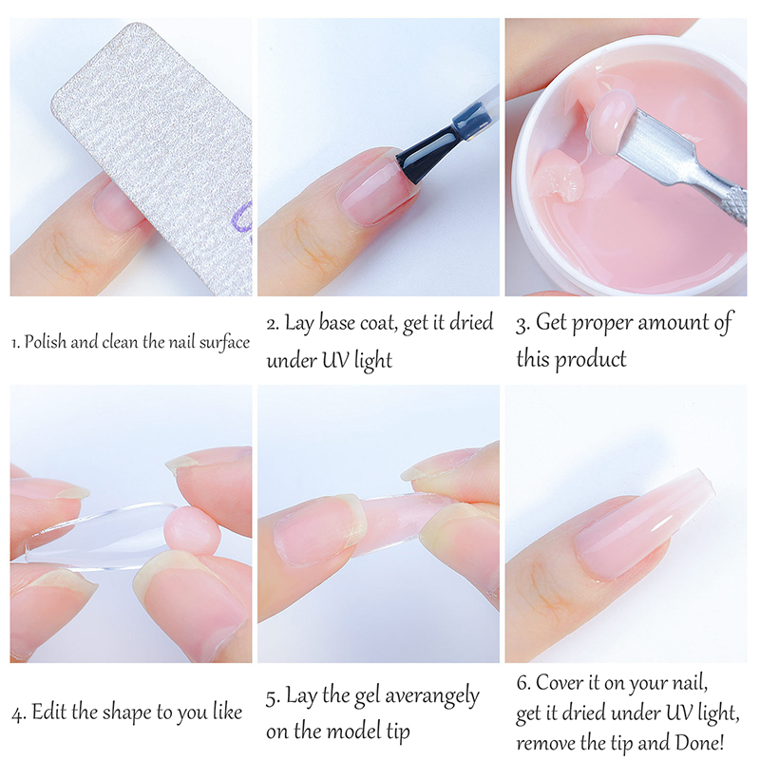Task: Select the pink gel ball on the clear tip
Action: click(193, 531)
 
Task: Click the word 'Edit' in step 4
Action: click(49, 712)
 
